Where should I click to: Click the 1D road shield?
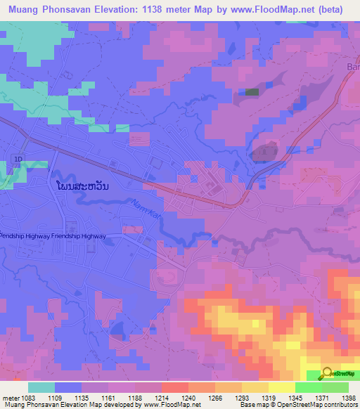(18, 161)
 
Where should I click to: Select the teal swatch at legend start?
(41, 387)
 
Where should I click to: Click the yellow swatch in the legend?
(281, 387)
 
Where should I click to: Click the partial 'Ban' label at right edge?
(353, 67)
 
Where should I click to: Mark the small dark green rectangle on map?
(252, 91)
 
